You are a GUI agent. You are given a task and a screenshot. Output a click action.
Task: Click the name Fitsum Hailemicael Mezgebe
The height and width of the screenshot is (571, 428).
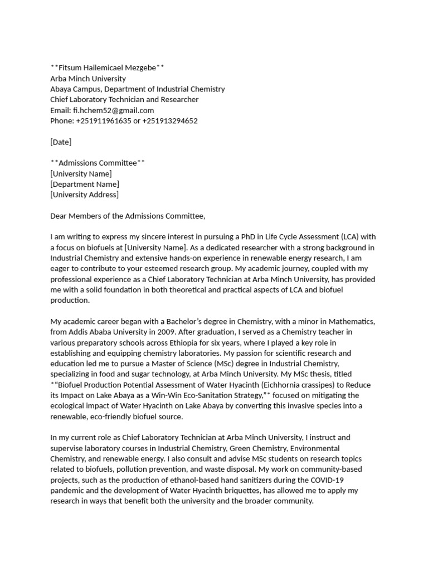(x=107, y=68)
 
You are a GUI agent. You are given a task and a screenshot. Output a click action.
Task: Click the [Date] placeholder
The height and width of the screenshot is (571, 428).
(x=61, y=142)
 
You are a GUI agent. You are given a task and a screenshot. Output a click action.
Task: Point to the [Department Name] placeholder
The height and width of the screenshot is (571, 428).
(x=85, y=184)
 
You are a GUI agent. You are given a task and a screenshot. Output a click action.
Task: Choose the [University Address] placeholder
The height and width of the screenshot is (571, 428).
(x=84, y=195)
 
